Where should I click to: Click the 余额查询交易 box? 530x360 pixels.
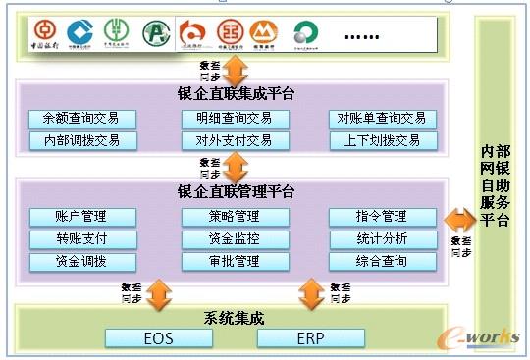[82, 119]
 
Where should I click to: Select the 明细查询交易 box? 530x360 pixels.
[235, 119]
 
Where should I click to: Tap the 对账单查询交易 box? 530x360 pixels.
[383, 119]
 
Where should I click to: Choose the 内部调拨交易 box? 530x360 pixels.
[82, 140]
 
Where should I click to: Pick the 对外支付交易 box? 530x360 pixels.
[235, 140]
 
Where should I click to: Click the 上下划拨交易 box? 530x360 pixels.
[383, 140]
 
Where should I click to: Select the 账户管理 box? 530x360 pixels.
[82, 217]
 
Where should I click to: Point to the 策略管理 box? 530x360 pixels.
[235, 217]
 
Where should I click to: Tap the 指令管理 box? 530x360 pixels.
[383, 217]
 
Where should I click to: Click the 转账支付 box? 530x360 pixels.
[82, 239]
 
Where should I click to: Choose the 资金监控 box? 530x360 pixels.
[235, 239]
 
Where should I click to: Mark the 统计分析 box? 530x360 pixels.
[383, 239]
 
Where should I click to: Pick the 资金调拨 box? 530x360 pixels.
[82, 262]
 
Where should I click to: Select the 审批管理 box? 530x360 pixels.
[235, 262]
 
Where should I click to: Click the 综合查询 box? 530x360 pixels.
[383, 262]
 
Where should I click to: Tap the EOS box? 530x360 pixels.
[158, 338]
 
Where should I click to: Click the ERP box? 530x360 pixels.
[310, 338]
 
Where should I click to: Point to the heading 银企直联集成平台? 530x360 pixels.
[236, 95]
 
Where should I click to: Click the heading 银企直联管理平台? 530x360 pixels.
[236, 191]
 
